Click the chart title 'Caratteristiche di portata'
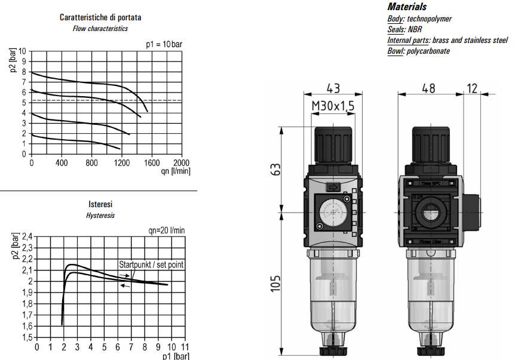(x=100, y=17)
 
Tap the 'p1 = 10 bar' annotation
(x=164, y=44)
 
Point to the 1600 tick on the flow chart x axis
(x=152, y=162)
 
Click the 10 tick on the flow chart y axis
(x=23, y=51)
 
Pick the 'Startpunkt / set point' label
(x=151, y=264)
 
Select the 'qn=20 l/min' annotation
(x=167, y=230)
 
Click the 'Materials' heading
(x=407, y=7)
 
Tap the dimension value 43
(x=333, y=88)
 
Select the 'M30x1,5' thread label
(x=333, y=106)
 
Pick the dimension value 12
(x=473, y=88)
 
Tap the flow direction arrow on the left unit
(x=332, y=187)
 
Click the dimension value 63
(x=276, y=170)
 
